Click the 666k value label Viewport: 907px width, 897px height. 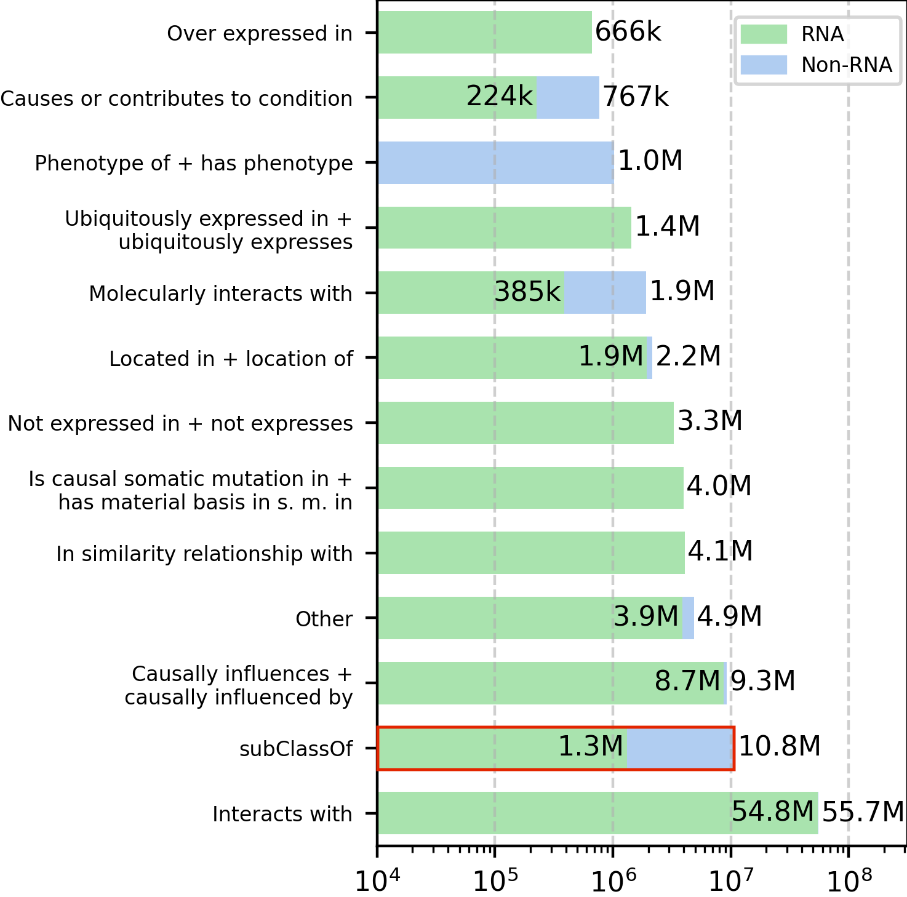(x=628, y=31)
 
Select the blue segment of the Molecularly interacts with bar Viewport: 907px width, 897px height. (x=605, y=292)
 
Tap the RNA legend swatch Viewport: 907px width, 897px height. (x=763, y=34)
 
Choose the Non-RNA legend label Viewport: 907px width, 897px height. (x=846, y=65)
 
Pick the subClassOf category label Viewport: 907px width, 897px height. (x=296, y=749)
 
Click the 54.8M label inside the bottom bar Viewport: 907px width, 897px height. (x=773, y=811)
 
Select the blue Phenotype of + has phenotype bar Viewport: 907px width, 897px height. (x=495, y=162)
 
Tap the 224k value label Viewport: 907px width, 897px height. (x=499, y=96)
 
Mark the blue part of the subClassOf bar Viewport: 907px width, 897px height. (x=680, y=748)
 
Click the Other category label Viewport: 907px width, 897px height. (x=324, y=618)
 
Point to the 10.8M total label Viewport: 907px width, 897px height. (x=779, y=746)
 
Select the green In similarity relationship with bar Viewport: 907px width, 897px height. (x=531, y=552)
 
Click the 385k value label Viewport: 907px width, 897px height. (x=527, y=292)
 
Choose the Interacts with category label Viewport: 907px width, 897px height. (x=282, y=814)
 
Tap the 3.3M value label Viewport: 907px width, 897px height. (x=710, y=421)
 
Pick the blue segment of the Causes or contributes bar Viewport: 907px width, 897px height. (x=567, y=97)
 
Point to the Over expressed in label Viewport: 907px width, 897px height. (x=259, y=33)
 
